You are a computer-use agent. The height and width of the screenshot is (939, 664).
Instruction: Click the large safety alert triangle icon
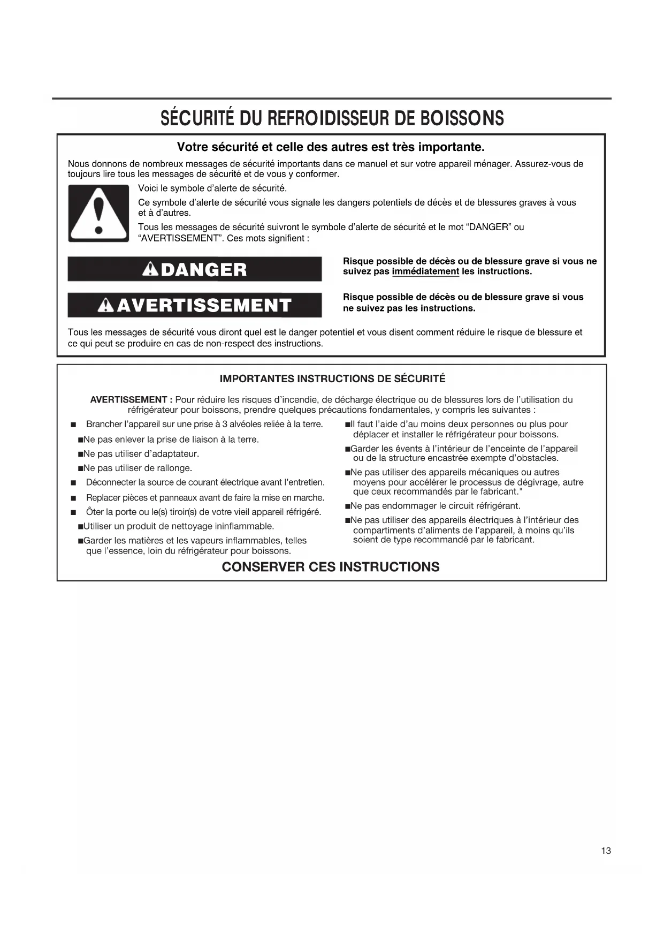coord(98,214)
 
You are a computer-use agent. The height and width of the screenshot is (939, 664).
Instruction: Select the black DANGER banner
coord(195,269)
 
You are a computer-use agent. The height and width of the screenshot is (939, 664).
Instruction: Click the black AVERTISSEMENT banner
coord(195,305)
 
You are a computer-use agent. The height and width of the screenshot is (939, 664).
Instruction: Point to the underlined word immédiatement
coord(425,271)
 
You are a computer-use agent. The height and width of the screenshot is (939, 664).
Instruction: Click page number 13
coord(606,851)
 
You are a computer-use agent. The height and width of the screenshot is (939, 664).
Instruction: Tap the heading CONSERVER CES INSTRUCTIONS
coord(331,567)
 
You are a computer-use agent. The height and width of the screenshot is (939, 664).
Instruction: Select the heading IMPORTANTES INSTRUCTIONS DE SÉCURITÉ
coord(332,379)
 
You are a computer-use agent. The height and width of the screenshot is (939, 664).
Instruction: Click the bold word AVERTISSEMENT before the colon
coord(128,400)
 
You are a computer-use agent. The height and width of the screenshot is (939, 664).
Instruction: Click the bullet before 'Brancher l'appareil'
coord(73,425)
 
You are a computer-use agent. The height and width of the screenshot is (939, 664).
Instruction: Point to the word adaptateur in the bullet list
coord(171,454)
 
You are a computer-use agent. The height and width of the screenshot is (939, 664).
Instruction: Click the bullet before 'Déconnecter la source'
coord(73,483)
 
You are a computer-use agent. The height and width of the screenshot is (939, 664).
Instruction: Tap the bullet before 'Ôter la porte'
coord(73,512)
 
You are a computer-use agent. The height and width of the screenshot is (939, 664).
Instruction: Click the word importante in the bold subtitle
coord(449,147)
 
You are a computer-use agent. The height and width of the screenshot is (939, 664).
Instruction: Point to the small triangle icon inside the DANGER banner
coord(150,269)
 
